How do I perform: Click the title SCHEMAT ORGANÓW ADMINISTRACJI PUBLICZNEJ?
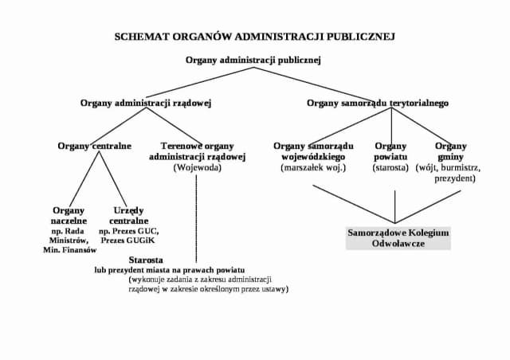(x=254, y=37)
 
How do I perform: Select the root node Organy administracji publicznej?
(x=253, y=60)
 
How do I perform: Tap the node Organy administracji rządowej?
(x=146, y=103)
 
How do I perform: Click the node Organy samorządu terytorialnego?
(x=378, y=103)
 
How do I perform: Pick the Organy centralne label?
(x=94, y=146)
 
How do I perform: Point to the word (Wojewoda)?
(x=197, y=168)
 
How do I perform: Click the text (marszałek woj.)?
(x=313, y=168)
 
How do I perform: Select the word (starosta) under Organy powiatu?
(x=390, y=168)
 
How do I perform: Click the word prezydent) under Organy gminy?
(x=455, y=179)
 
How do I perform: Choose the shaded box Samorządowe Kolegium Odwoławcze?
(x=398, y=238)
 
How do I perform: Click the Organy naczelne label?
(x=69, y=215)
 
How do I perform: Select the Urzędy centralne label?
(x=129, y=215)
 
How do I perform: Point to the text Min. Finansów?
(x=69, y=250)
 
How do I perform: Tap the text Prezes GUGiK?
(x=129, y=240)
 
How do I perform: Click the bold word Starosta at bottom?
(x=146, y=260)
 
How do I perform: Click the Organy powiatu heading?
(x=390, y=151)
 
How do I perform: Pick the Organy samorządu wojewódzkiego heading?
(x=313, y=151)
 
